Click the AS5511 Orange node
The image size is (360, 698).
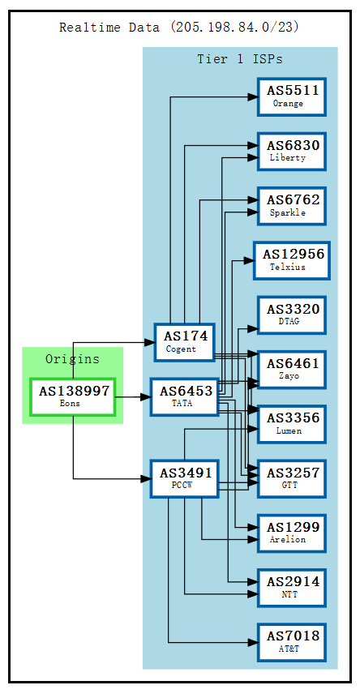pyautogui.click(x=292, y=96)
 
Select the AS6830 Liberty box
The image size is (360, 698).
pyautogui.click(x=292, y=151)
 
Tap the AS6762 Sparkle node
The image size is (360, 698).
pyautogui.click(x=292, y=205)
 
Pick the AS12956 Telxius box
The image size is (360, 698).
pyautogui.click(x=292, y=260)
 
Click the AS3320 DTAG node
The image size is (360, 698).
pyautogui.click(x=292, y=315)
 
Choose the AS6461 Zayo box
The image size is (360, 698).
pyautogui.click(x=292, y=370)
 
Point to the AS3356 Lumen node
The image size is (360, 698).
pyautogui.click(x=292, y=424)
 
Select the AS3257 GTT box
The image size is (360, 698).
pyautogui.click(x=292, y=478)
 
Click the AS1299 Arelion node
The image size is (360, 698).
pyautogui.click(x=292, y=533)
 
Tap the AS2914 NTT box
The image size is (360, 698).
pyautogui.click(x=292, y=588)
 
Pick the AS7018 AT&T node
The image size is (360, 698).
pyautogui.click(x=292, y=642)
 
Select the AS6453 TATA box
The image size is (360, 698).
pyautogui.click(x=185, y=396)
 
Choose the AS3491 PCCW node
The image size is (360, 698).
pyautogui.click(x=185, y=478)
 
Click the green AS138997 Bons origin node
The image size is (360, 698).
pyautogui.click(x=73, y=396)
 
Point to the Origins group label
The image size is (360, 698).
pyautogui.click(x=72, y=359)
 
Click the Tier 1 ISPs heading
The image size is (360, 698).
pyautogui.click(x=240, y=59)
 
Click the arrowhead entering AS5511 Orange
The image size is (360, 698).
pyautogui.click(x=253, y=97)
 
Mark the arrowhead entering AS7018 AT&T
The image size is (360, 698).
pyautogui.click(x=253, y=643)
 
